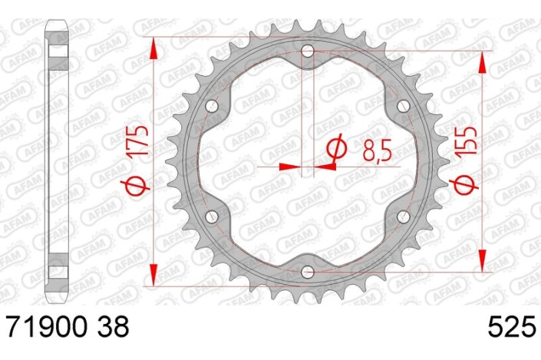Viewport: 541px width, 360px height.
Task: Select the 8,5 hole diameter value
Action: [375, 148]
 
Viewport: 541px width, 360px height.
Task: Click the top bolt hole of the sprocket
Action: [308, 51]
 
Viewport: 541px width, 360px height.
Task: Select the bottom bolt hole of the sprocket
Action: [308, 271]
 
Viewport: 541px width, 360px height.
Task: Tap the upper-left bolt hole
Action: [213, 106]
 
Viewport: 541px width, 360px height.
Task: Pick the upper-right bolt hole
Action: [403, 106]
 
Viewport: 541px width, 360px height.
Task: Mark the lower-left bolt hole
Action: [213, 216]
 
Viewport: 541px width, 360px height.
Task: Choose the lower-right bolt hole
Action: [403, 216]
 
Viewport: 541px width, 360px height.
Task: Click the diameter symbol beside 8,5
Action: [335, 150]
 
